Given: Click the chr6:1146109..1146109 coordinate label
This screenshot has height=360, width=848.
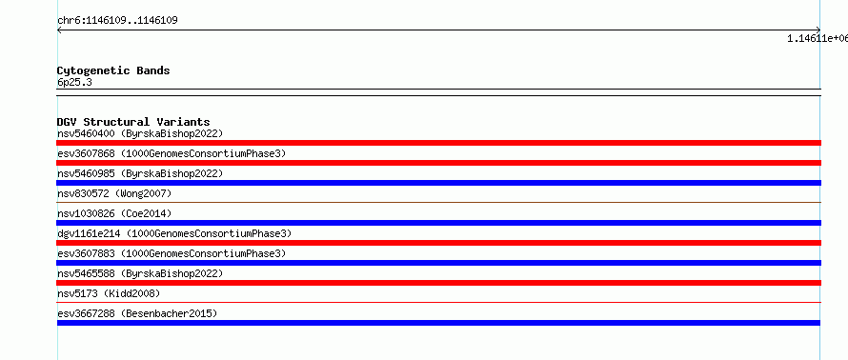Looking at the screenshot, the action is tap(117, 21).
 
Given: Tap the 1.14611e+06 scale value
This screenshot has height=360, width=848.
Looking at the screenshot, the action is tap(818, 38).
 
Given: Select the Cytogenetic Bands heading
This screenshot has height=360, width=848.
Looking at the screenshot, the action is tap(113, 70).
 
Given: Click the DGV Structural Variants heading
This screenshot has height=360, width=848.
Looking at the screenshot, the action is tap(133, 122).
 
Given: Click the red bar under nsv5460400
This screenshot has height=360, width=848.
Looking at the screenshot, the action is tap(438, 143).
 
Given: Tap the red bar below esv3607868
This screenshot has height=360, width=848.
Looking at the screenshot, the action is tap(438, 163).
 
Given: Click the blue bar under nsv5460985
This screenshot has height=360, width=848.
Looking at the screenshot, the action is tap(438, 183).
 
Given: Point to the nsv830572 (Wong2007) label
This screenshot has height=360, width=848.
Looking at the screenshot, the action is tap(114, 193).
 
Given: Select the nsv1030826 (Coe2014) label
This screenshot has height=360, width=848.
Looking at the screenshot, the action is tap(114, 213).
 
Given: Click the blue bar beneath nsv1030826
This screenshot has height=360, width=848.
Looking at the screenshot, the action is tap(438, 223).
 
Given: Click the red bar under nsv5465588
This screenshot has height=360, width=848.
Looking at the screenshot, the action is tap(438, 283).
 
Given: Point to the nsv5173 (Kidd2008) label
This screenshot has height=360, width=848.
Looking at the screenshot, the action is tap(109, 293).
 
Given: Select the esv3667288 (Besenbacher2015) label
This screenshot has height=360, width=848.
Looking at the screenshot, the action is tap(137, 313).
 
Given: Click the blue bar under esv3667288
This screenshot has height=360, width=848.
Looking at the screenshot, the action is tap(438, 323).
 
